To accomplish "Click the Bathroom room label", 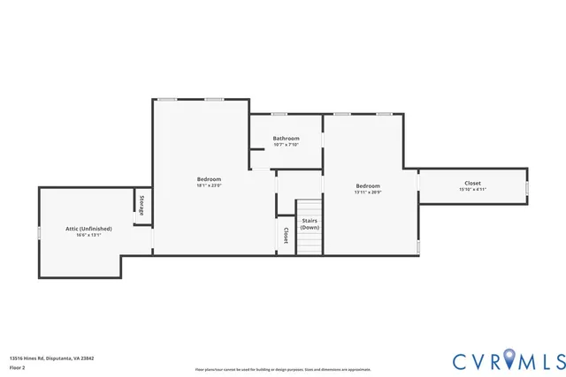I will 286,138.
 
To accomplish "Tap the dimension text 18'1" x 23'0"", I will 209,185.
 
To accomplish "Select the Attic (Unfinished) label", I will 88,229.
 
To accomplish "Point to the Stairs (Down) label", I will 310,224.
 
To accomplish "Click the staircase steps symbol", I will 310,245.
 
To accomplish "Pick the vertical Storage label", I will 141,206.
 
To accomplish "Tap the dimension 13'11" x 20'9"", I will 368,192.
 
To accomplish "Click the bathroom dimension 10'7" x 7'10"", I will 286,145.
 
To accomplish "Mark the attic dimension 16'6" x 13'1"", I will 88,236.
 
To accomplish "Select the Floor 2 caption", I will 17,367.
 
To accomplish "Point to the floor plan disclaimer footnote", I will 283,369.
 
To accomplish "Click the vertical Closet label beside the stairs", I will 286,236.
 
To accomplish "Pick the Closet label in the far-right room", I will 473,183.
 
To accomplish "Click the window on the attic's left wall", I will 39,232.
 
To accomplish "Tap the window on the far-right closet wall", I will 528,188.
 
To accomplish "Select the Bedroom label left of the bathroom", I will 209,178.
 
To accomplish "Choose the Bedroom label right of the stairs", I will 368,185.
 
